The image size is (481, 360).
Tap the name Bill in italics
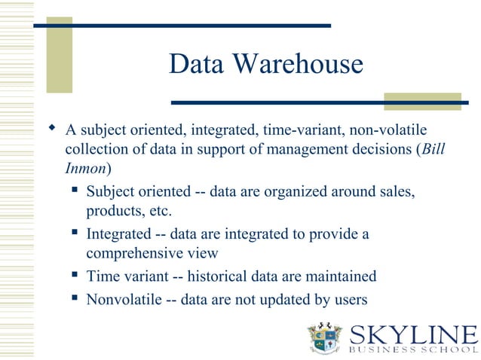pos(434,148)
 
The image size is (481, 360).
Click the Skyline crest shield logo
pos(326,338)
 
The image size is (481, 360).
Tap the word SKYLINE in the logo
pos(414,334)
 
